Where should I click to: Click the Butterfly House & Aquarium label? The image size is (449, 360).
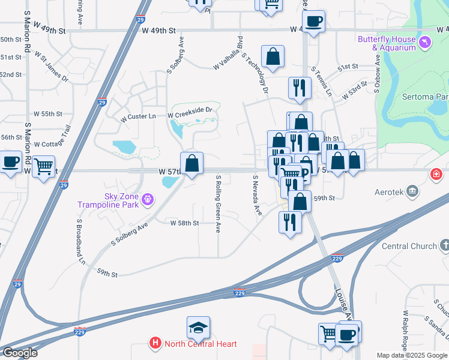click(387, 43)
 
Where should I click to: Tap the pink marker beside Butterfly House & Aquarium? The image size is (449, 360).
click(425, 42)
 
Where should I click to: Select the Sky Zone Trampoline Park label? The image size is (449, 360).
click(107, 200)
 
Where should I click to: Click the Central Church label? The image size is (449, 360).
click(409, 246)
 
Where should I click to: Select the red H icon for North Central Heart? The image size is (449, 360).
click(155, 344)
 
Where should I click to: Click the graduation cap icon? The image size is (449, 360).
click(198, 328)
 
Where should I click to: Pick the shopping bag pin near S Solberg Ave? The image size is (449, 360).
click(191, 163)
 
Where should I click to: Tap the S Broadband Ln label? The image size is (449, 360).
click(81, 241)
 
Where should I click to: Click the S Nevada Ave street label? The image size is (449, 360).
click(256, 195)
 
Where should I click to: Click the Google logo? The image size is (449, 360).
click(19, 353)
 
